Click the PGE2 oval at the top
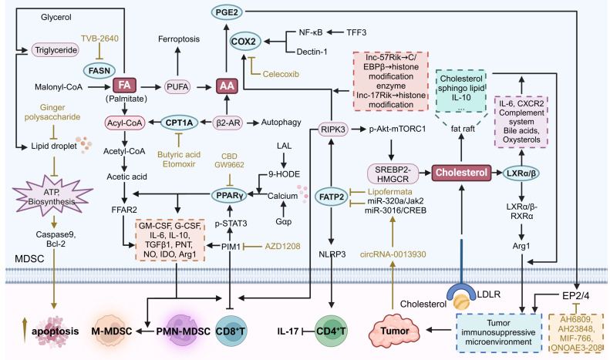pos(224,12)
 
